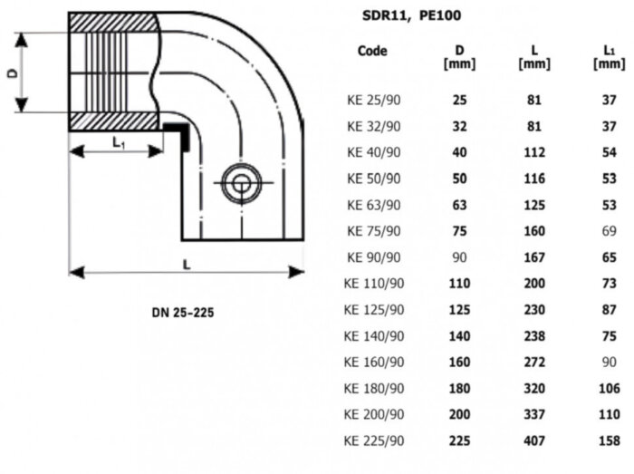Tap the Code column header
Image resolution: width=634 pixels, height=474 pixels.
[x=371, y=51]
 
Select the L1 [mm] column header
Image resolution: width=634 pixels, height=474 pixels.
[x=608, y=57]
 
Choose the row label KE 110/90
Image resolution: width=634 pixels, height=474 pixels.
[x=374, y=283]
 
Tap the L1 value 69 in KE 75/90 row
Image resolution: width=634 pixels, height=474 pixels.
[x=608, y=230]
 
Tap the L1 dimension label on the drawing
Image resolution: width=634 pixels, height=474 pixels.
[x=119, y=141]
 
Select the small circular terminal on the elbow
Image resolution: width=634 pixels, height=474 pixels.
[x=240, y=185]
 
